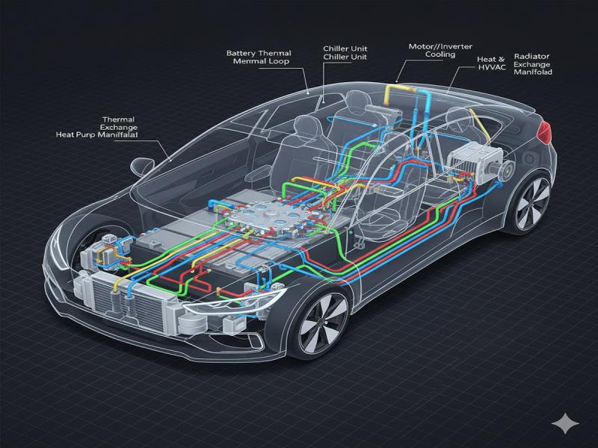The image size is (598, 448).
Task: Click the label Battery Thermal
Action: [x=259, y=53]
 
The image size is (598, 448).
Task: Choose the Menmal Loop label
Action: [x=262, y=63]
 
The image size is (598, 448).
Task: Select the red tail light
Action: [x=548, y=134]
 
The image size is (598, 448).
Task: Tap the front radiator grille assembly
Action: [x=127, y=302]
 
